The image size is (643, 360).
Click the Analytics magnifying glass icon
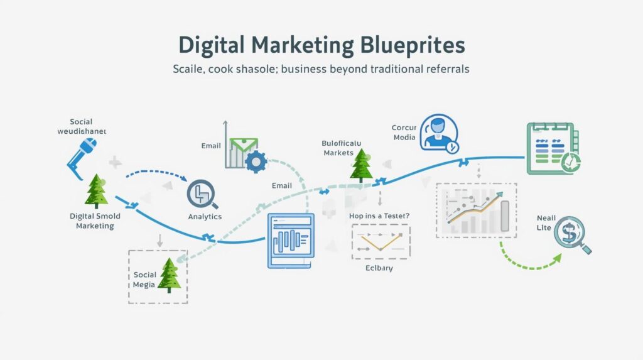tap(202, 194)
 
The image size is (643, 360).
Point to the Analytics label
tap(205, 217)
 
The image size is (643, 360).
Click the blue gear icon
tap(254, 161)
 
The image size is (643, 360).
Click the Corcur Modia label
tap(404, 133)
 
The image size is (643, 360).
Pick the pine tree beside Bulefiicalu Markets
tap(362, 166)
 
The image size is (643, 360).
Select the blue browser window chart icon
tap(290, 241)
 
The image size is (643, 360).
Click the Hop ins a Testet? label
tap(379, 215)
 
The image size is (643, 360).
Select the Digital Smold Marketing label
tap(95, 221)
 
